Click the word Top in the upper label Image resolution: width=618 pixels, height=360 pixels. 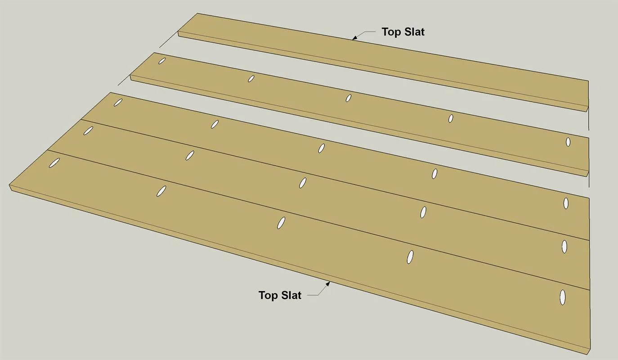tap(390, 32)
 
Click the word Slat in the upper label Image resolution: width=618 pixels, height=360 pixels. tap(413, 32)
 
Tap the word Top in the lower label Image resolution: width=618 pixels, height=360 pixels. tap(267, 296)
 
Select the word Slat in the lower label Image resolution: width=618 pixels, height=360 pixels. tap(290, 295)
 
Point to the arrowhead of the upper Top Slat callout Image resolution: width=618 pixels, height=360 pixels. tap(355, 38)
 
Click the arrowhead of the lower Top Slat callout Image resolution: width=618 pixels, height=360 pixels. tap(328, 284)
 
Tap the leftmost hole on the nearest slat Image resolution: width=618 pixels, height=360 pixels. tap(54, 163)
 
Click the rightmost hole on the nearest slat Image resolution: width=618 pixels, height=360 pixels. tap(562, 297)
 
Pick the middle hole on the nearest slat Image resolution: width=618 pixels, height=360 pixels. tap(281, 223)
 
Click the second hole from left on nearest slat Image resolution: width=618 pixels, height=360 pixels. tap(161, 191)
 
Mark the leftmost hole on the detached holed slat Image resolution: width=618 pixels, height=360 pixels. tap(162, 61)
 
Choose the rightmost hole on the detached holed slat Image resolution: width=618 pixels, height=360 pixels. tap(568, 142)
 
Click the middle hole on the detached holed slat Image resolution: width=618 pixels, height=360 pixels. tap(349, 98)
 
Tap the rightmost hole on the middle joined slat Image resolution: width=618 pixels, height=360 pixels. tap(564, 247)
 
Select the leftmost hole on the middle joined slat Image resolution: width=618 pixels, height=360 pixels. tap(88, 130)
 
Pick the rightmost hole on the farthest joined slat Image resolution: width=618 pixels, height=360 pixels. tap(566, 203)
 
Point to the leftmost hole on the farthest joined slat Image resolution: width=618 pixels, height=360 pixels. tap(118, 103)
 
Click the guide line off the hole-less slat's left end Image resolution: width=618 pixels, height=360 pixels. tap(168, 40)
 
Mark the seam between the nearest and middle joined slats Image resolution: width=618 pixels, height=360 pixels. tap(318, 220)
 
